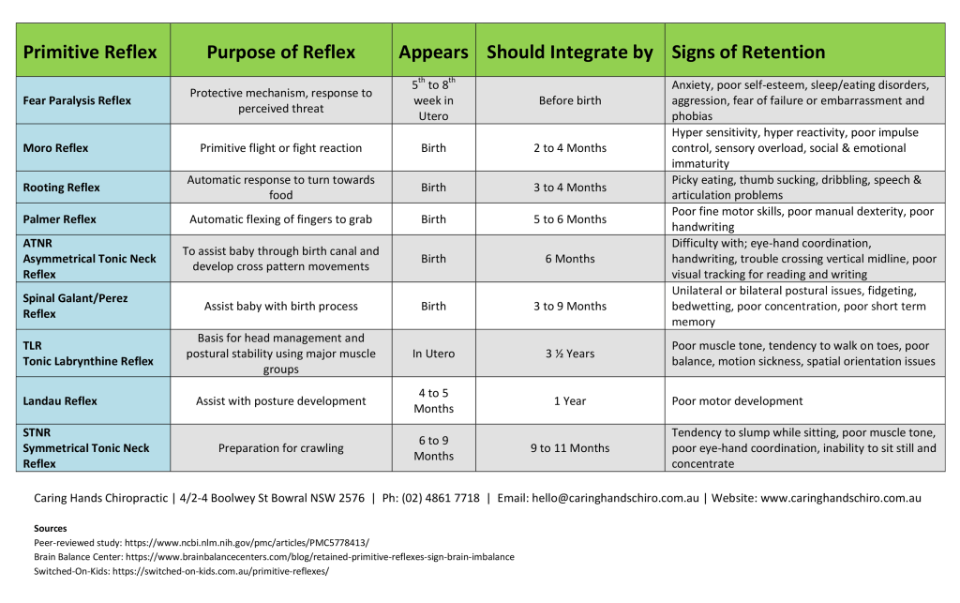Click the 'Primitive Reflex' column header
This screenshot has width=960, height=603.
pos(90,52)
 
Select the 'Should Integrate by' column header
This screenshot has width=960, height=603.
pos(569,52)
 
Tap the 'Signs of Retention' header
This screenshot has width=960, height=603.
pos(748,52)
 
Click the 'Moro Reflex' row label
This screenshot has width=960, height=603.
pos(56,148)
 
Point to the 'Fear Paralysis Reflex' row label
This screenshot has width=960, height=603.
pos(77,100)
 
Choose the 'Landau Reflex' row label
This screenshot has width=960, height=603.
pos(60,401)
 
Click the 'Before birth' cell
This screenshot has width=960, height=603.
pos(570,100)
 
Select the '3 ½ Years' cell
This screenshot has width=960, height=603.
pos(570,354)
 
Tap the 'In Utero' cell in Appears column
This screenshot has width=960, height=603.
pos(433,354)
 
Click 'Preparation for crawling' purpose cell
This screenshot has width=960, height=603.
pos(280,448)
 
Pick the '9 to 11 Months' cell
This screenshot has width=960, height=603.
pos(570,448)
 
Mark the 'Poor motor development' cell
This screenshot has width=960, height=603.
pos(737,401)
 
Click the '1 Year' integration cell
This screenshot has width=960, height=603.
pos(570,401)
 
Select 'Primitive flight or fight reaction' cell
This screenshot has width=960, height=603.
pos(280,148)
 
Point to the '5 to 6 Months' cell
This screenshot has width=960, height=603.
pos(570,219)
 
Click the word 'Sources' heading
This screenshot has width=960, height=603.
pos(50,529)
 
